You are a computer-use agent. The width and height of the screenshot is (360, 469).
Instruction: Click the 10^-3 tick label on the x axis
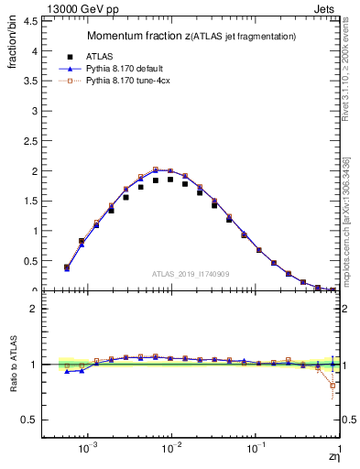point(88,451)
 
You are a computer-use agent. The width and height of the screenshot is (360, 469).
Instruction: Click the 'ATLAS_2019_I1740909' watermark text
point(191,274)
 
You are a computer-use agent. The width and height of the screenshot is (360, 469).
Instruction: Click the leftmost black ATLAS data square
point(67,267)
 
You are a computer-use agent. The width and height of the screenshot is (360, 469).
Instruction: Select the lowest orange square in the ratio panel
point(333,386)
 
